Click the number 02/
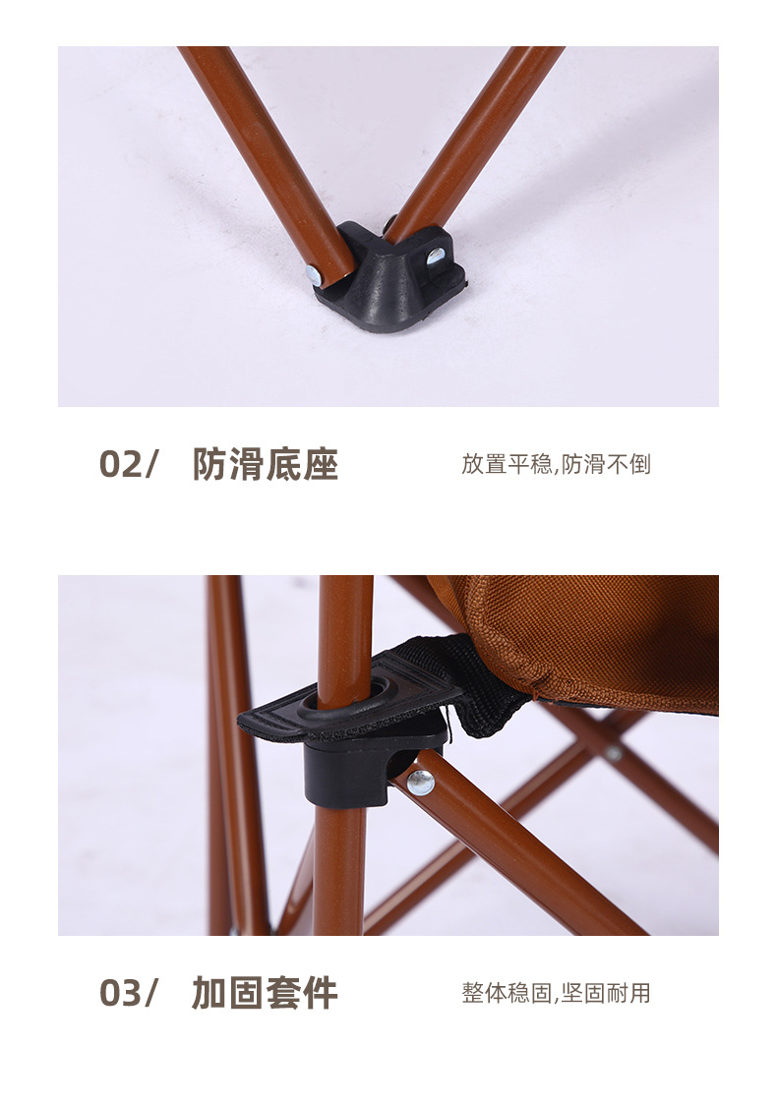click(x=128, y=464)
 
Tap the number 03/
click(x=128, y=993)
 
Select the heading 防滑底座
click(x=266, y=464)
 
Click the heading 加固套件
click(x=265, y=993)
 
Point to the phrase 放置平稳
click(x=507, y=464)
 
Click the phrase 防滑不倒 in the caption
click(x=606, y=464)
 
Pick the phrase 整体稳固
click(x=507, y=993)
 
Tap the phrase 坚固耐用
click(x=606, y=993)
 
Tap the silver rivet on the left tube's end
click(x=315, y=276)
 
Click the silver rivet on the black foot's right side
click(x=436, y=255)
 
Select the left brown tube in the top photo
click(x=268, y=162)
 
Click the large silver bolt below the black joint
click(x=421, y=782)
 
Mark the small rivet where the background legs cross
click(x=614, y=753)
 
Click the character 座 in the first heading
click(x=321, y=464)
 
